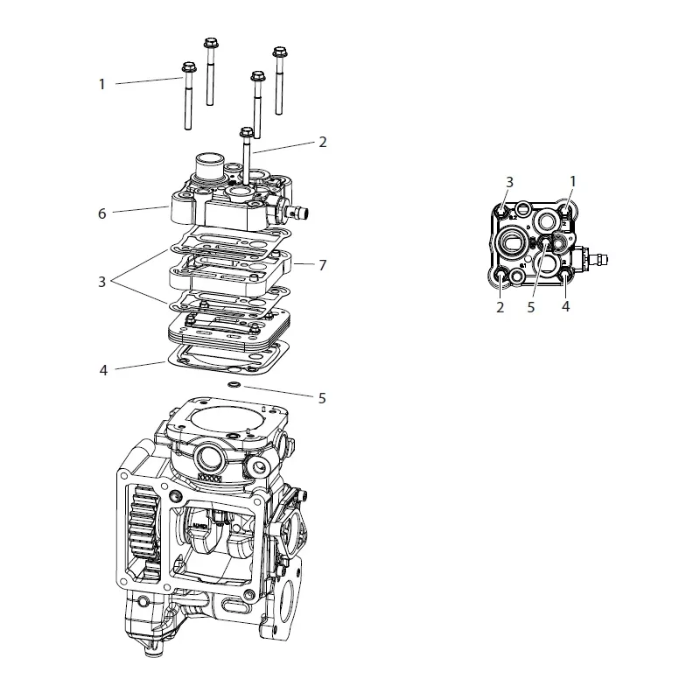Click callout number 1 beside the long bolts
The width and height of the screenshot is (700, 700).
[101, 84]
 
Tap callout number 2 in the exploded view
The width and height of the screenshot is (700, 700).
[323, 142]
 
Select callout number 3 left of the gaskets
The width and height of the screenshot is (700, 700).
[101, 282]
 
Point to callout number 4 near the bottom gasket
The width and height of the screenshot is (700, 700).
[103, 370]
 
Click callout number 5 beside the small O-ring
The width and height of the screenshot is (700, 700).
[322, 398]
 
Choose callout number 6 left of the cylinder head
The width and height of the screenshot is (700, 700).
[102, 213]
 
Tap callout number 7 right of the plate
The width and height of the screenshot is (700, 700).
[323, 265]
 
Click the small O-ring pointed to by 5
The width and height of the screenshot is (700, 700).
[234, 384]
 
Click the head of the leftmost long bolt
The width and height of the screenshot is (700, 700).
[189, 67]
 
